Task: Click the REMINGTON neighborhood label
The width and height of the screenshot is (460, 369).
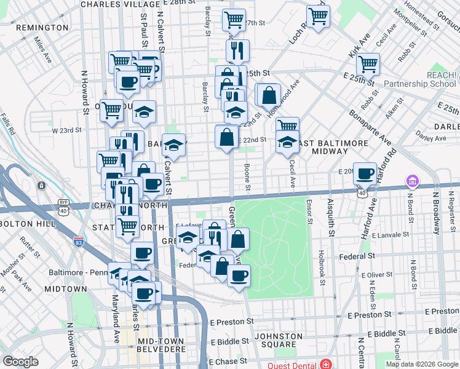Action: (42, 28)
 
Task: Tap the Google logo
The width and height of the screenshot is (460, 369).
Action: (21, 362)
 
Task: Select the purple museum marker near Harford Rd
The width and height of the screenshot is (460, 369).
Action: (412, 182)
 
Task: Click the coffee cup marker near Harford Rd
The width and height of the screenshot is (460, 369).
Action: (365, 173)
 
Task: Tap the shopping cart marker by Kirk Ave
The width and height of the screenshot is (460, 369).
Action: (368, 63)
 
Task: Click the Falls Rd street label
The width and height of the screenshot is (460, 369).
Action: (8, 125)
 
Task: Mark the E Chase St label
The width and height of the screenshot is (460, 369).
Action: (231, 361)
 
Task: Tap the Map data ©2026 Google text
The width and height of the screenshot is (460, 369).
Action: (421, 364)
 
